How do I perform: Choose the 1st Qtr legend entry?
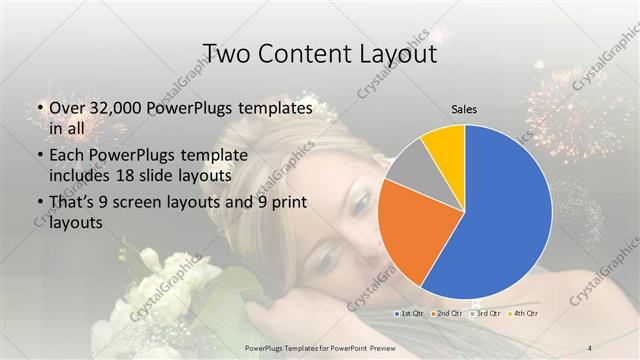pyautogui.click(x=411, y=314)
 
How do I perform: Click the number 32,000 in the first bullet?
pyautogui.click(x=111, y=107)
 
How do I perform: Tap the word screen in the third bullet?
pyautogui.click(x=144, y=204)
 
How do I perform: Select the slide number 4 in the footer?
pyautogui.click(x=590, y=347)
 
